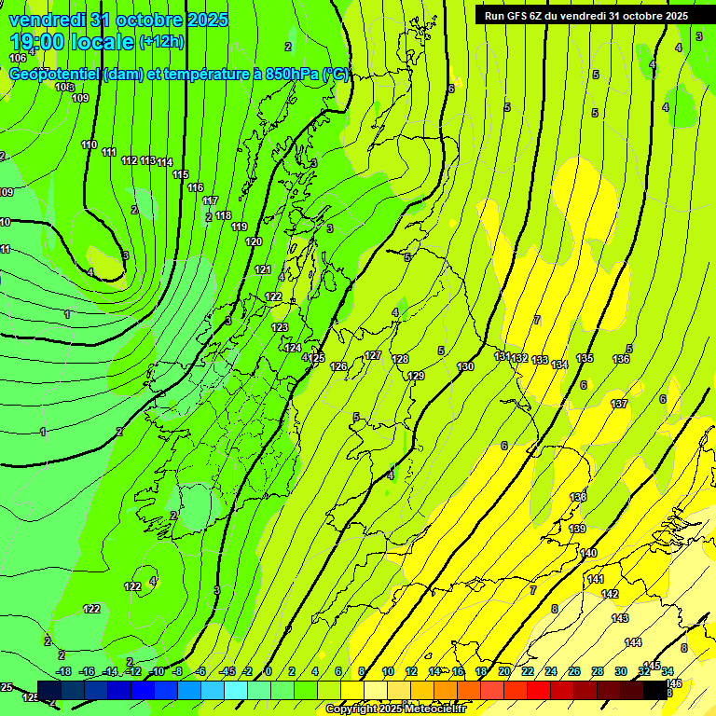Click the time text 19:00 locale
(x=72, y=42)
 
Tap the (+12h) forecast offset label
(x=161, y=42)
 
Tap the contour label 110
(x=89, y=145)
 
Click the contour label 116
(x=195, y=188)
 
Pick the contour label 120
(x=254, y=241)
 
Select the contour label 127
(x=373, y=355)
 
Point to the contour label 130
(x=466, y=366)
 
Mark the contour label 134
(x=559, y=365)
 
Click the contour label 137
(x=619, y=404)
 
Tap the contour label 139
(x=577, y=529)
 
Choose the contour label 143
(x=620, y=618)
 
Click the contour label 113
(x=148, y=160)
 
